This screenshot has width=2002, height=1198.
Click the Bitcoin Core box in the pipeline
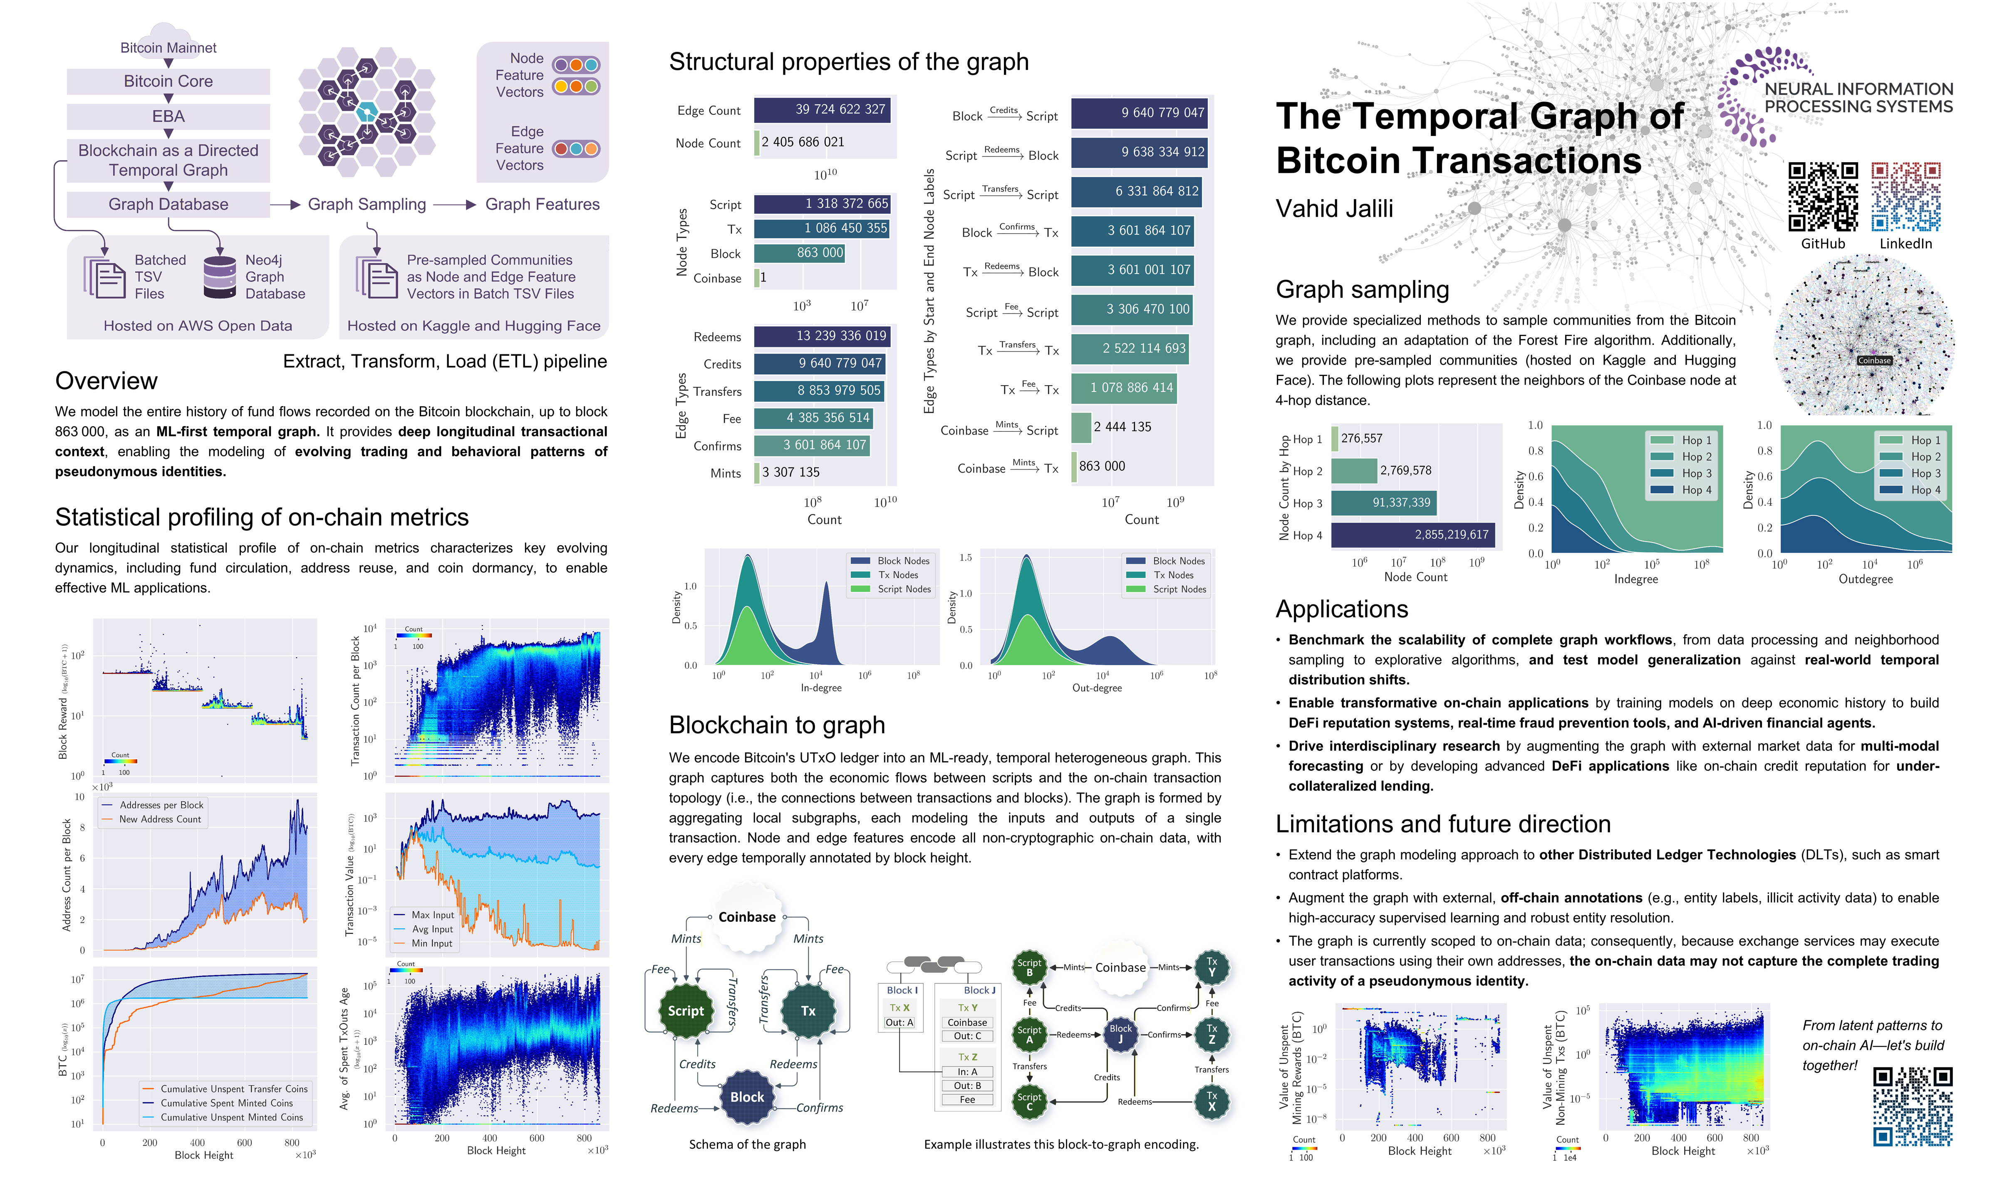168,82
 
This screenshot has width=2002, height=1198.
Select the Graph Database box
168,204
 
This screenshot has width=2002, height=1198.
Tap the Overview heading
107,381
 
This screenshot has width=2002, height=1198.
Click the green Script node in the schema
685,1011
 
